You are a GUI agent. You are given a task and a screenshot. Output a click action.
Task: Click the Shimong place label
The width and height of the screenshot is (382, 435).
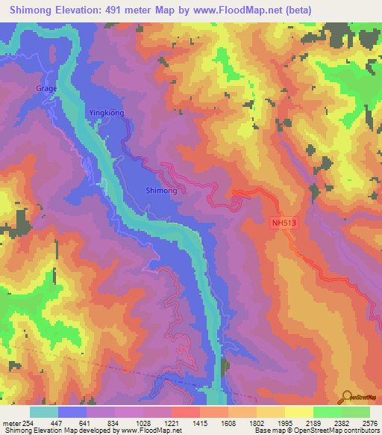click(161, 191)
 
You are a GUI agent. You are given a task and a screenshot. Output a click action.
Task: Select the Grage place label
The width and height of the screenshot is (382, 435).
click(46, 88)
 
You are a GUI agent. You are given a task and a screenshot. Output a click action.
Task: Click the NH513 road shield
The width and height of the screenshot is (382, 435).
click(281, 222)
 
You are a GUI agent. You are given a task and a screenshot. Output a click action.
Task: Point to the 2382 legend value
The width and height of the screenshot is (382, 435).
click(340, 422)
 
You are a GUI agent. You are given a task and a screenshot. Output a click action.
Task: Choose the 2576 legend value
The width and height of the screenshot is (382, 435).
click(368, 422)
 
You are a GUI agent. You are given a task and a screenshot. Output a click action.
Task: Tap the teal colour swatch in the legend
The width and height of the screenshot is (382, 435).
click(44, 412)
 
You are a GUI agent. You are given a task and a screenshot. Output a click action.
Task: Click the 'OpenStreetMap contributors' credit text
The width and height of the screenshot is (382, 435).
click(342, 431)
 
